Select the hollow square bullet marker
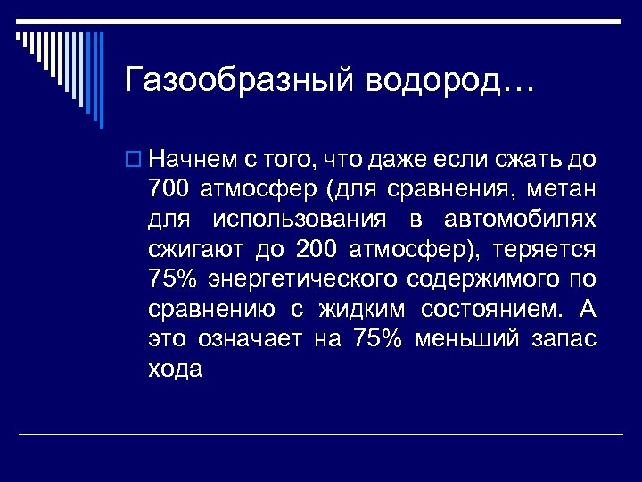coord(133,162)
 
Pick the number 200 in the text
coord(316,249)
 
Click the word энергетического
coord(302,279)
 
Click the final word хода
coord(177,369)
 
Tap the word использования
coord(300,220)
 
